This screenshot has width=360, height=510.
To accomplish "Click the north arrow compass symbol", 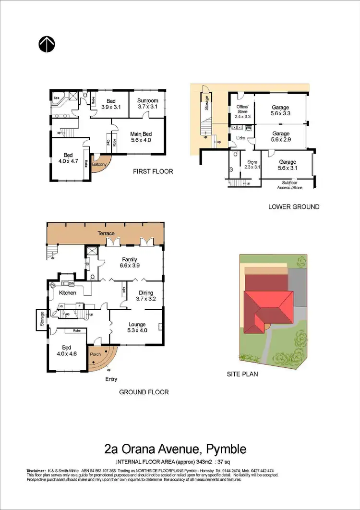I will point(47,44).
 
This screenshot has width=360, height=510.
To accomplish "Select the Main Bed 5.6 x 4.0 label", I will point(141,137).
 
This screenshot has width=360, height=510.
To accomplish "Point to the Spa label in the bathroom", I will point(56,97).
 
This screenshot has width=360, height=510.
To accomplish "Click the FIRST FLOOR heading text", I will point(153,171).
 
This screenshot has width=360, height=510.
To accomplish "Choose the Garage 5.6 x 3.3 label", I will point(281,110).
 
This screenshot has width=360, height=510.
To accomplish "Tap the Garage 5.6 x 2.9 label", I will point(281,137).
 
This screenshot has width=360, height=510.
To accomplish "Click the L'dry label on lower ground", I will point(241,138).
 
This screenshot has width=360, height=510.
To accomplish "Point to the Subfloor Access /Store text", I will point(292,185).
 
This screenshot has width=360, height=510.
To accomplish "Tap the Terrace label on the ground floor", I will point(106,233).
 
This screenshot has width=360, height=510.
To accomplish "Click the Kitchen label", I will point(68,292).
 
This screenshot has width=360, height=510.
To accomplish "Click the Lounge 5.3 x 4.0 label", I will point(137,328).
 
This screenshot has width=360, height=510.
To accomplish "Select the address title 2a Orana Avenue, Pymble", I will point(175,449).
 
